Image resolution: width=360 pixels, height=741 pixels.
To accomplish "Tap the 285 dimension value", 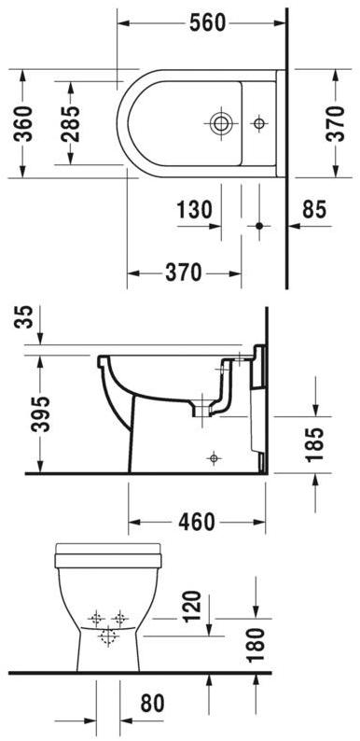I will (70, 121).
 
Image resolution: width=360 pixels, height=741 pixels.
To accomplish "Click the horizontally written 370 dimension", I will (184, 273).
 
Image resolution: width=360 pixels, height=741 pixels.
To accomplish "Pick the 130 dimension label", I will (195, 211).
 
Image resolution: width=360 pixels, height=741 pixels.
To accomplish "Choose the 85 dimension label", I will (314, 211).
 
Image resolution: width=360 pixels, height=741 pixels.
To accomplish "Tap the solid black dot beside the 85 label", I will (260, 226).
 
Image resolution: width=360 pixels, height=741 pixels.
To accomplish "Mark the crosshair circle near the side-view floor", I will (215, 457).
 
